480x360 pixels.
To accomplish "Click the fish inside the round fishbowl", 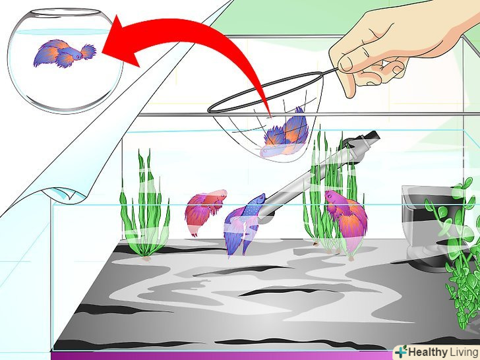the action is coord(65,53).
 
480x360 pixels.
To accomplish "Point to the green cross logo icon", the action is coord(401,351).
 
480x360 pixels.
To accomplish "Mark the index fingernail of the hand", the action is coord(345,64).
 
